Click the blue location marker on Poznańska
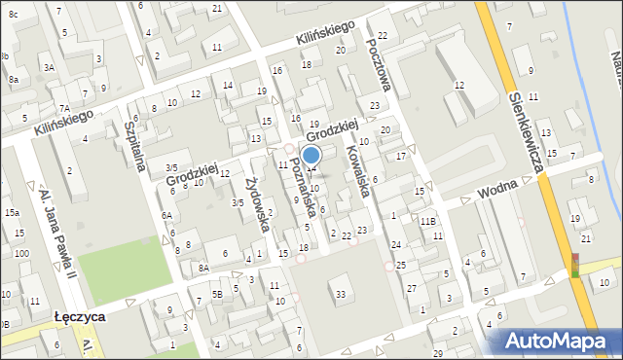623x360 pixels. tap(311, 155)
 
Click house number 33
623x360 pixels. tap(340, 294)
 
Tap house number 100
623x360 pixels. tap(20, 253)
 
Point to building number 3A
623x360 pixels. tap(48, 67)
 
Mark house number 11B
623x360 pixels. tap(427, 222)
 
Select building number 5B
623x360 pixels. tap(218, 293)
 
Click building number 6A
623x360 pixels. tap(166, 216)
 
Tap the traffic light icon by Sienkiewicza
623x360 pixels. tap(575, 265)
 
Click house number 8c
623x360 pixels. tap(13, 15)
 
